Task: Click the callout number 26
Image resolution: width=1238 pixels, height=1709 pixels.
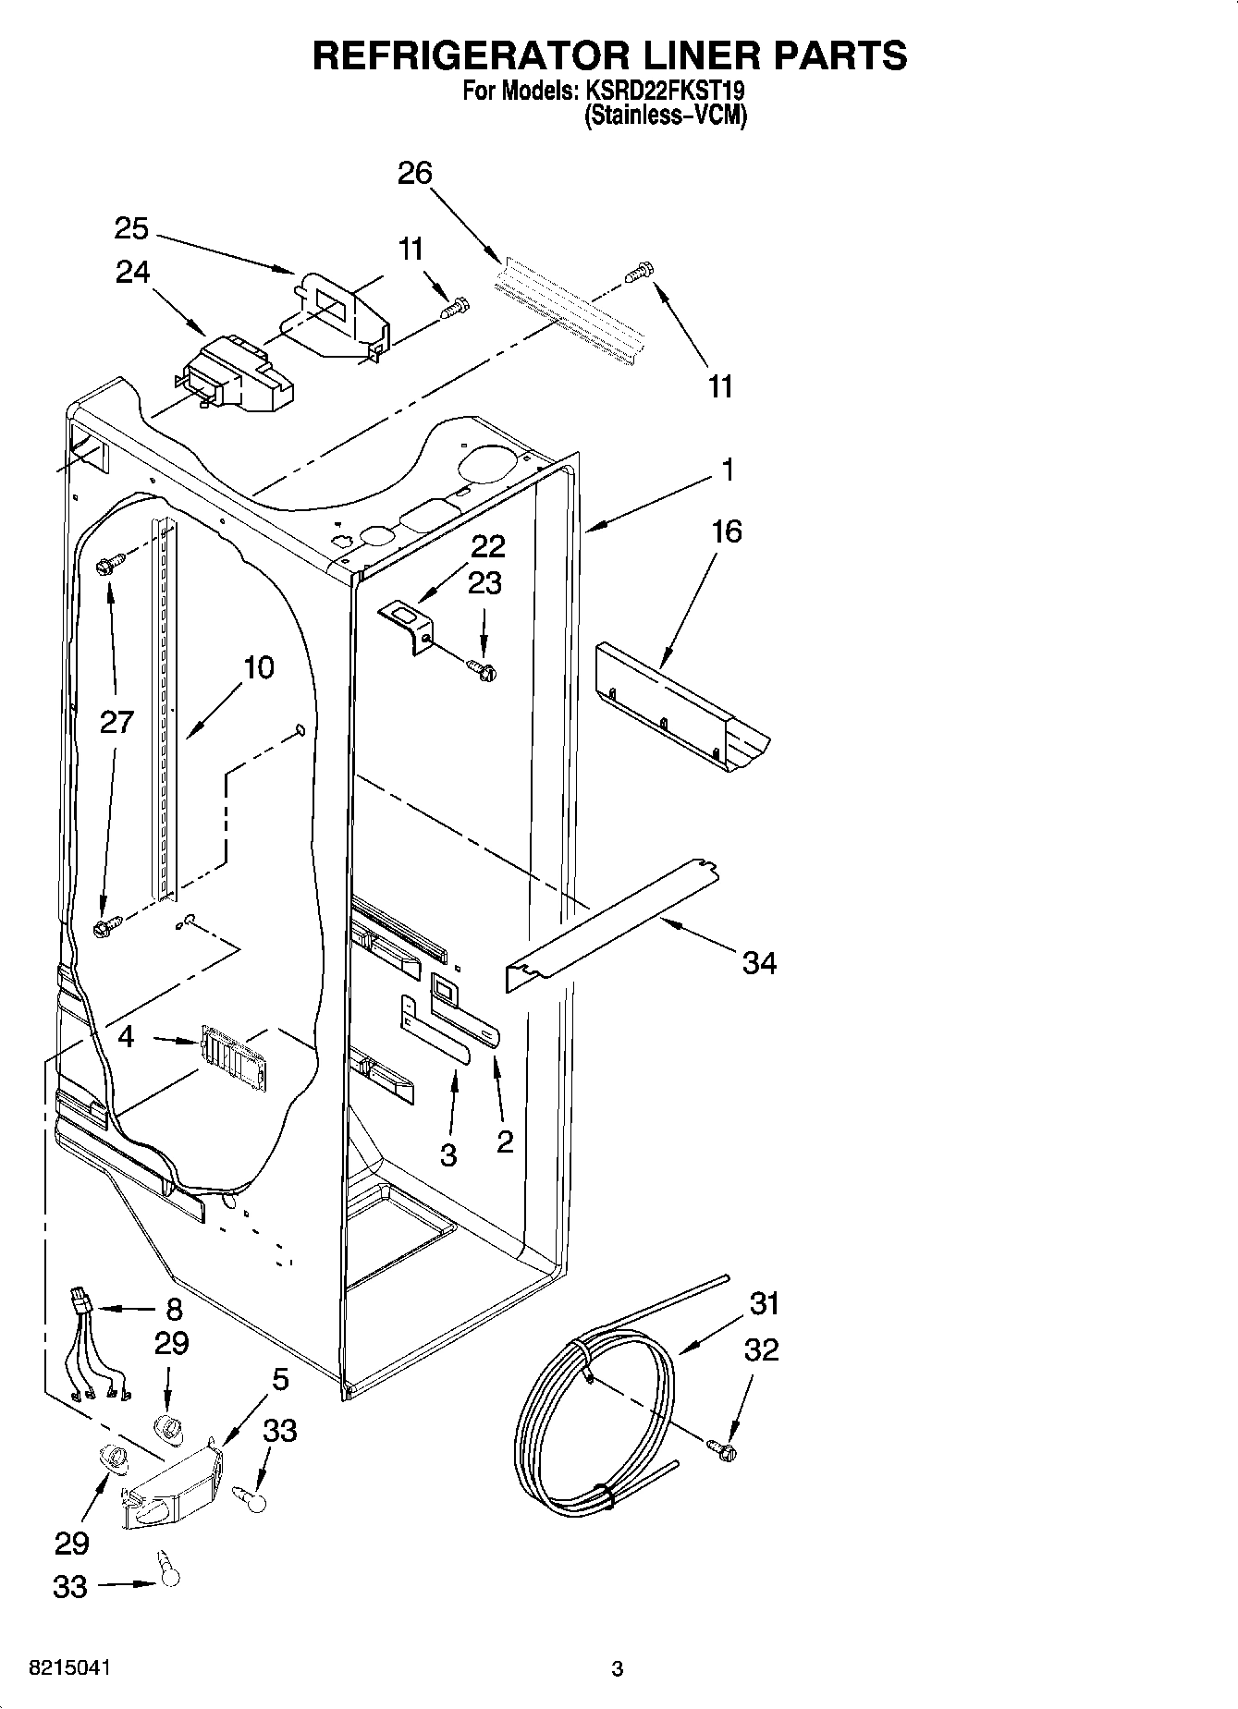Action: click(415, 173)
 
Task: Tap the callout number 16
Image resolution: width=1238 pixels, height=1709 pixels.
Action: click(727, 531)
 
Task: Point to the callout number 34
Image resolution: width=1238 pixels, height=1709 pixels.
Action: click(759, 964)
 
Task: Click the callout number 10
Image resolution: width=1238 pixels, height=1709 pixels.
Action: click(260, 666)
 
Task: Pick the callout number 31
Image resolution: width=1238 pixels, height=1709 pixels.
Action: click(765, 1304)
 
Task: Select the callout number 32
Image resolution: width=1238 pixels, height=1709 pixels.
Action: click(761, 1349)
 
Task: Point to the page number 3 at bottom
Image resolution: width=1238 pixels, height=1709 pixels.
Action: click(618, 1668)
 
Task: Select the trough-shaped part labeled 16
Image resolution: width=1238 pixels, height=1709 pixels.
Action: click(680, 707)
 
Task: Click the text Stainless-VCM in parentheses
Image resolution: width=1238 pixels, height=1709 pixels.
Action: click(665, 116)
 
